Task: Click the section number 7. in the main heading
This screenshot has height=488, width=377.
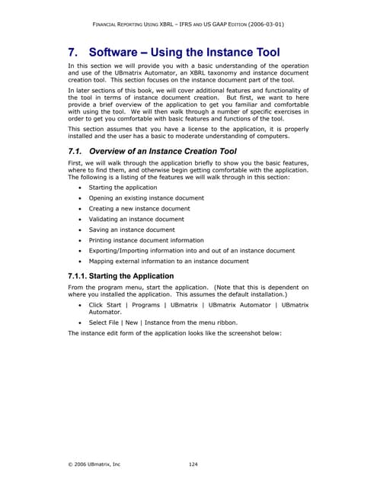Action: [x=75, y=53]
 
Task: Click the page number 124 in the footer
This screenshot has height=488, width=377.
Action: [x=194, y=464]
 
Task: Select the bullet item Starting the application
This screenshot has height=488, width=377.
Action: [x=123, y=187]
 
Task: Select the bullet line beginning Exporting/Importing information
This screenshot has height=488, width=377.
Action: [x=191, y=250]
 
